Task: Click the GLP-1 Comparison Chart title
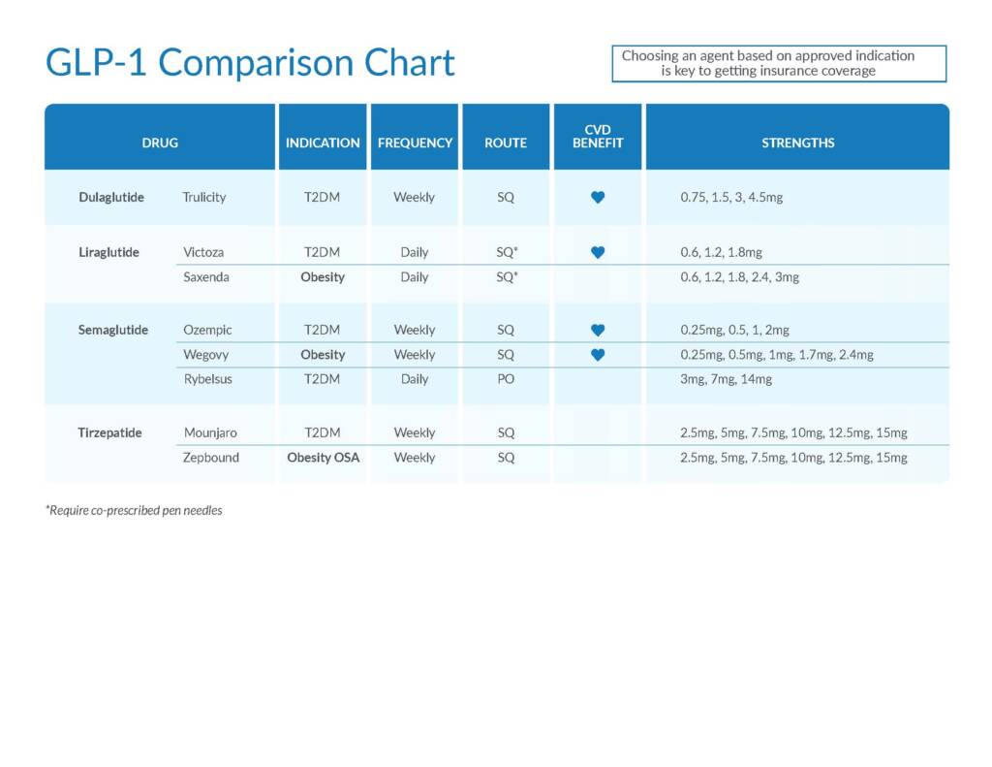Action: pyautogui.click(x=250, y=63)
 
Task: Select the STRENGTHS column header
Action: pyautogui.click(x=798, y=144)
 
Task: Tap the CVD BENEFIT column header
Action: pyautogui.click(x=598, y=137)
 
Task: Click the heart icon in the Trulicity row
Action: pyautogui.click(x=598, y=197)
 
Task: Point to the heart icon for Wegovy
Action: pyautogui.click(x=598, y=355)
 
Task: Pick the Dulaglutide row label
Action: pyautogui.click(x=111, y=197)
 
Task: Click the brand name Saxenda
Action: pyautogui.click(x=206, y=276)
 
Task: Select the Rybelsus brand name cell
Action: pyautogui.click(x=208, y=379)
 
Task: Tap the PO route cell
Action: pyautogui.click(x=506, y=379)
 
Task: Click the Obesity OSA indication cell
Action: pyautogui.click(x=324, y=458)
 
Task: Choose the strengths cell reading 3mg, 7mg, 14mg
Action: pyautogui.click(x=727, y=379)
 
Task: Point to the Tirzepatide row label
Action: pyautogui.click(x=110, y=432)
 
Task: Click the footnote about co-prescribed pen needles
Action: pyautogui.click(x=134, y=510)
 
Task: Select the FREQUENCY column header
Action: pyautogui.click(x=415, y=144)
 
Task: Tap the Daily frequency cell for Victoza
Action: pyautogui.click(x=415, y=252)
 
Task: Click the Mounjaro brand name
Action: pyautogui.click(x=210, y=432)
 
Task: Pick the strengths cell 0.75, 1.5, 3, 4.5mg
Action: pyautogui.click(x=731, y=197)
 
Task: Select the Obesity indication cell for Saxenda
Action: pyautogui.click(x=323, y=276)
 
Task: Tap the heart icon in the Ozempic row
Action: pyautogui.click(x=598, y=330)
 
